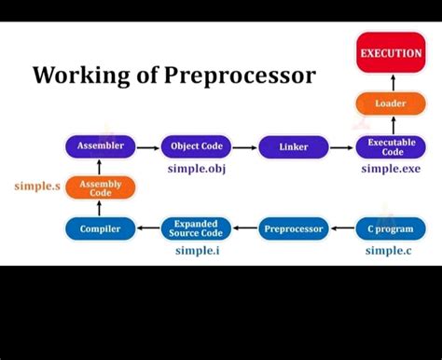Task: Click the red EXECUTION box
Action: pyautogui.click(x=391, y=54)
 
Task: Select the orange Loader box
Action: pyautogui.click(x=391, y=104)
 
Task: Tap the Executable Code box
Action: pyautogui.click(x=391, y=147)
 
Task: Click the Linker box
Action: pyautogui.click(x=294, y=147)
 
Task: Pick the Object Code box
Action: pyautogui.click(x=196, y=146)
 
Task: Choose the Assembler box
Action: pyautogui.click(x=100, y=146)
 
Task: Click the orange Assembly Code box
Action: pyautogui.click(x=100, y=188)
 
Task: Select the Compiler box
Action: pyautogui.click(x=100, y=228)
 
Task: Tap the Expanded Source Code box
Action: pyautogui.click(x=196, y=228)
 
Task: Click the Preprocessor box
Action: pyautogui.click(x=294, y=228)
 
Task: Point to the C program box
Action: pyautogui.click(x=391, y=228)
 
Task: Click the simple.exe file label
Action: pyautogui.click(x=391, y=169)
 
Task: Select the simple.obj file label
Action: pyautogui.click(x=196, y=169)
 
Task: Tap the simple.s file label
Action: pyautogui.click(x=37, y=187)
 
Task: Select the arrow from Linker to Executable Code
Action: pyautogui.click(x=342, y=147)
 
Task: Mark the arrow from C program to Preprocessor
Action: pyautogui.click(x=342, y=228)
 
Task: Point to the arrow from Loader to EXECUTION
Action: pyautogui.click(x=391, y=81)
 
